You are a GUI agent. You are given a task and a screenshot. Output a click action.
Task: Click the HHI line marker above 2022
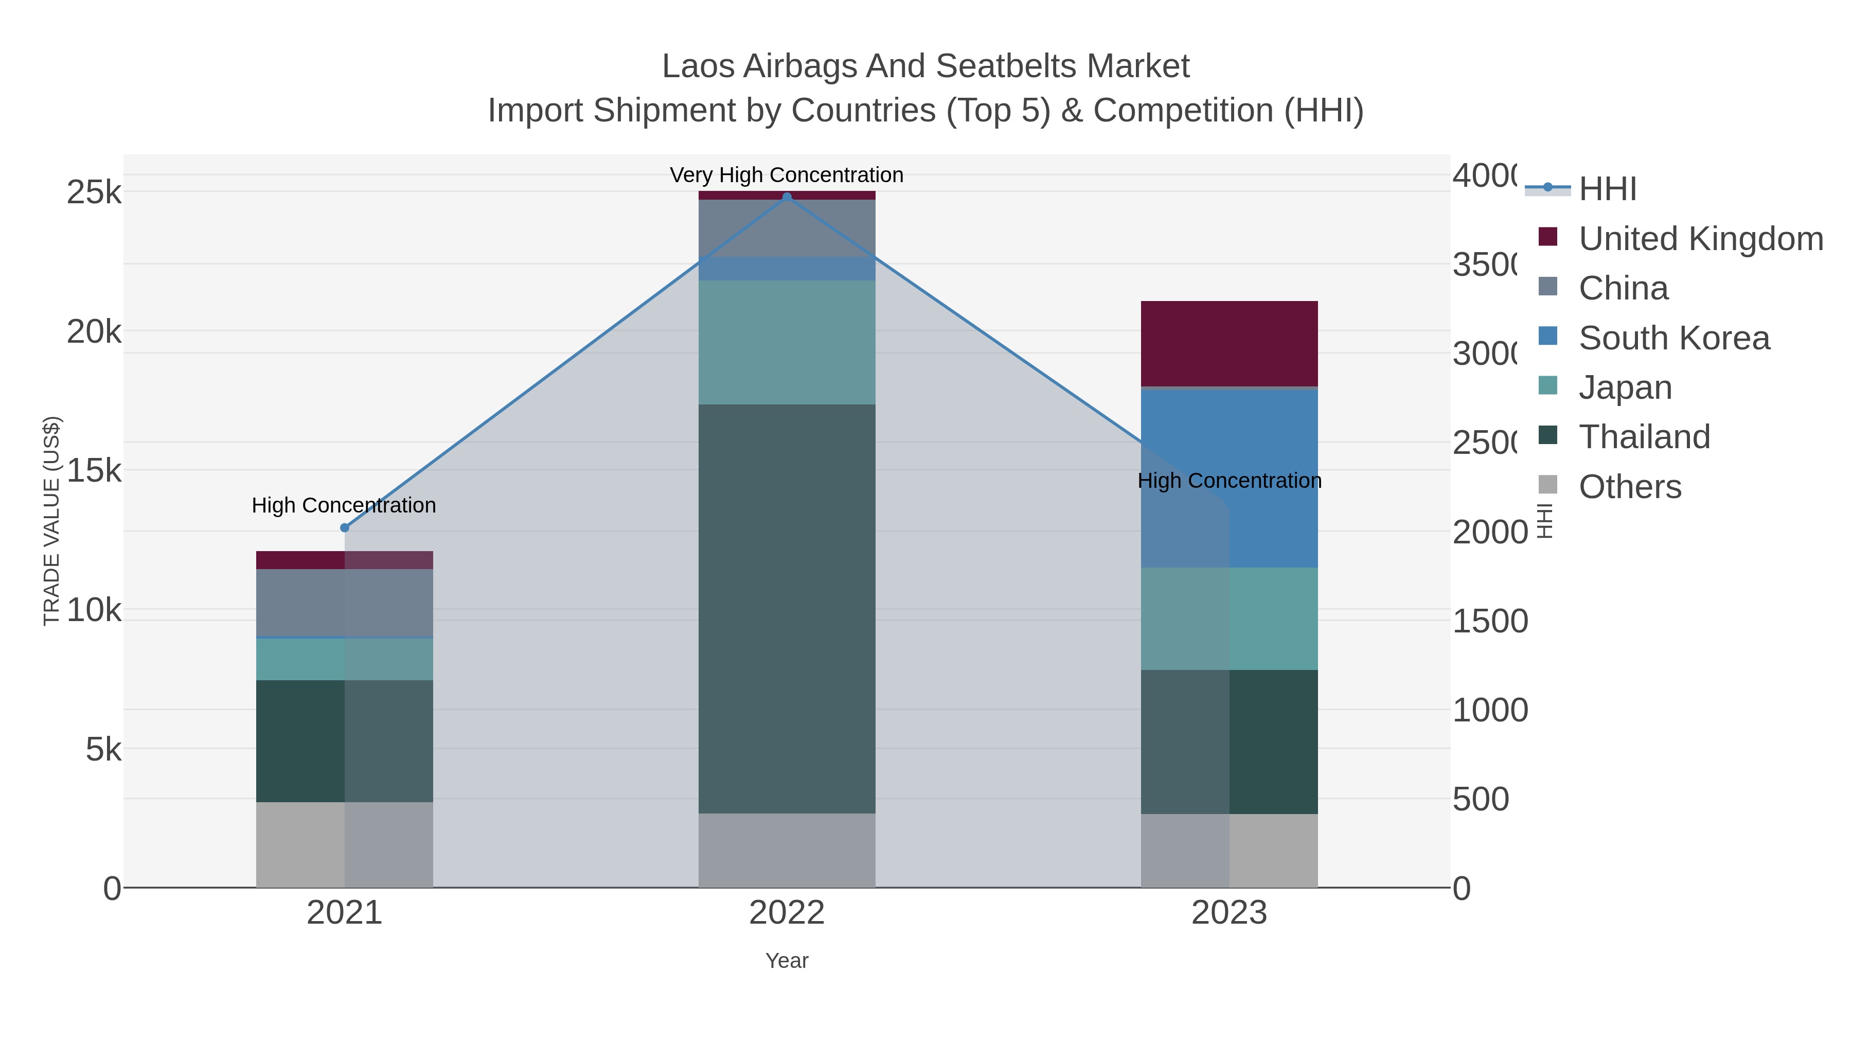point(787,197)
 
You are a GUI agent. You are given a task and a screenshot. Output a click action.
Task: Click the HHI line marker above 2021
point(344,528)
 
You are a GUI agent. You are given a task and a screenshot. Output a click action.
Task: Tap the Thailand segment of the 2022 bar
point(787,608)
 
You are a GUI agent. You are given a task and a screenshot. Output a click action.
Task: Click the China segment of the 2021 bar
point(344,603)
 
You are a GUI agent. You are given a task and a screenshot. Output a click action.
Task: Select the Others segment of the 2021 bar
point(344,844)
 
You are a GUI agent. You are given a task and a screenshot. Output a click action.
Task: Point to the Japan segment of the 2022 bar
point(787,342)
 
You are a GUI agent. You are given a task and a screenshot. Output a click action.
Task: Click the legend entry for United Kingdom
point(1700,239)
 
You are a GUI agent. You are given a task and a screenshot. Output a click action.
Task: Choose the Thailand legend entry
point(1644,437)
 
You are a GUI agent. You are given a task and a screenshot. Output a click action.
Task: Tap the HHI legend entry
point(1608,189)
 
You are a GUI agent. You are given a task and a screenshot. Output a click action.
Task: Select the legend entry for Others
point(1629,487)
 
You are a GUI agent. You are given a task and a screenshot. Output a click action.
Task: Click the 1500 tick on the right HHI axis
point(1490,621)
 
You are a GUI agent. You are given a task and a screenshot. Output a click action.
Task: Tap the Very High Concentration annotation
point(787,175)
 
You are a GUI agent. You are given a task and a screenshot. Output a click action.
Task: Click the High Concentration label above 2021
point(344,505)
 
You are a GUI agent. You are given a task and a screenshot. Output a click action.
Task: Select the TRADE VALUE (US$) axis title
point(52,521)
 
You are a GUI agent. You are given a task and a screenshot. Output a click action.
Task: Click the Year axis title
point(787,961)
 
